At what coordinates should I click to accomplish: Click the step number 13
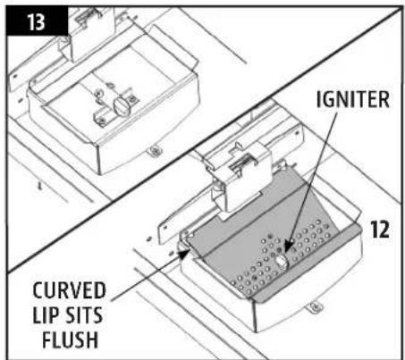point(37,22)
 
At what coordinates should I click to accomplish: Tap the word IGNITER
point(353,99)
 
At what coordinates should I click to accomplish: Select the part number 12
point(380,230)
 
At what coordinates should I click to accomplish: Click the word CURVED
point(69,290)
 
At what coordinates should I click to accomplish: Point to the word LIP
point(46,315)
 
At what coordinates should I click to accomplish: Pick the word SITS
point(84,315)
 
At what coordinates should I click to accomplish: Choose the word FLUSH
point(71,339)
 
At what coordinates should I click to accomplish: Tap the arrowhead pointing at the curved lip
point(184,253)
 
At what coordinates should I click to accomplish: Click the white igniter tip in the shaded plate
point(282,261)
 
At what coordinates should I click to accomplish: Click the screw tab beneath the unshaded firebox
point(155,151)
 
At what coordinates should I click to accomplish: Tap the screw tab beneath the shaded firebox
point(315,307)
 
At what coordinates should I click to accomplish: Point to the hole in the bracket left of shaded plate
point(165,227)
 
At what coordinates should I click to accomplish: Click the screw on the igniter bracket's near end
point(102,121)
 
